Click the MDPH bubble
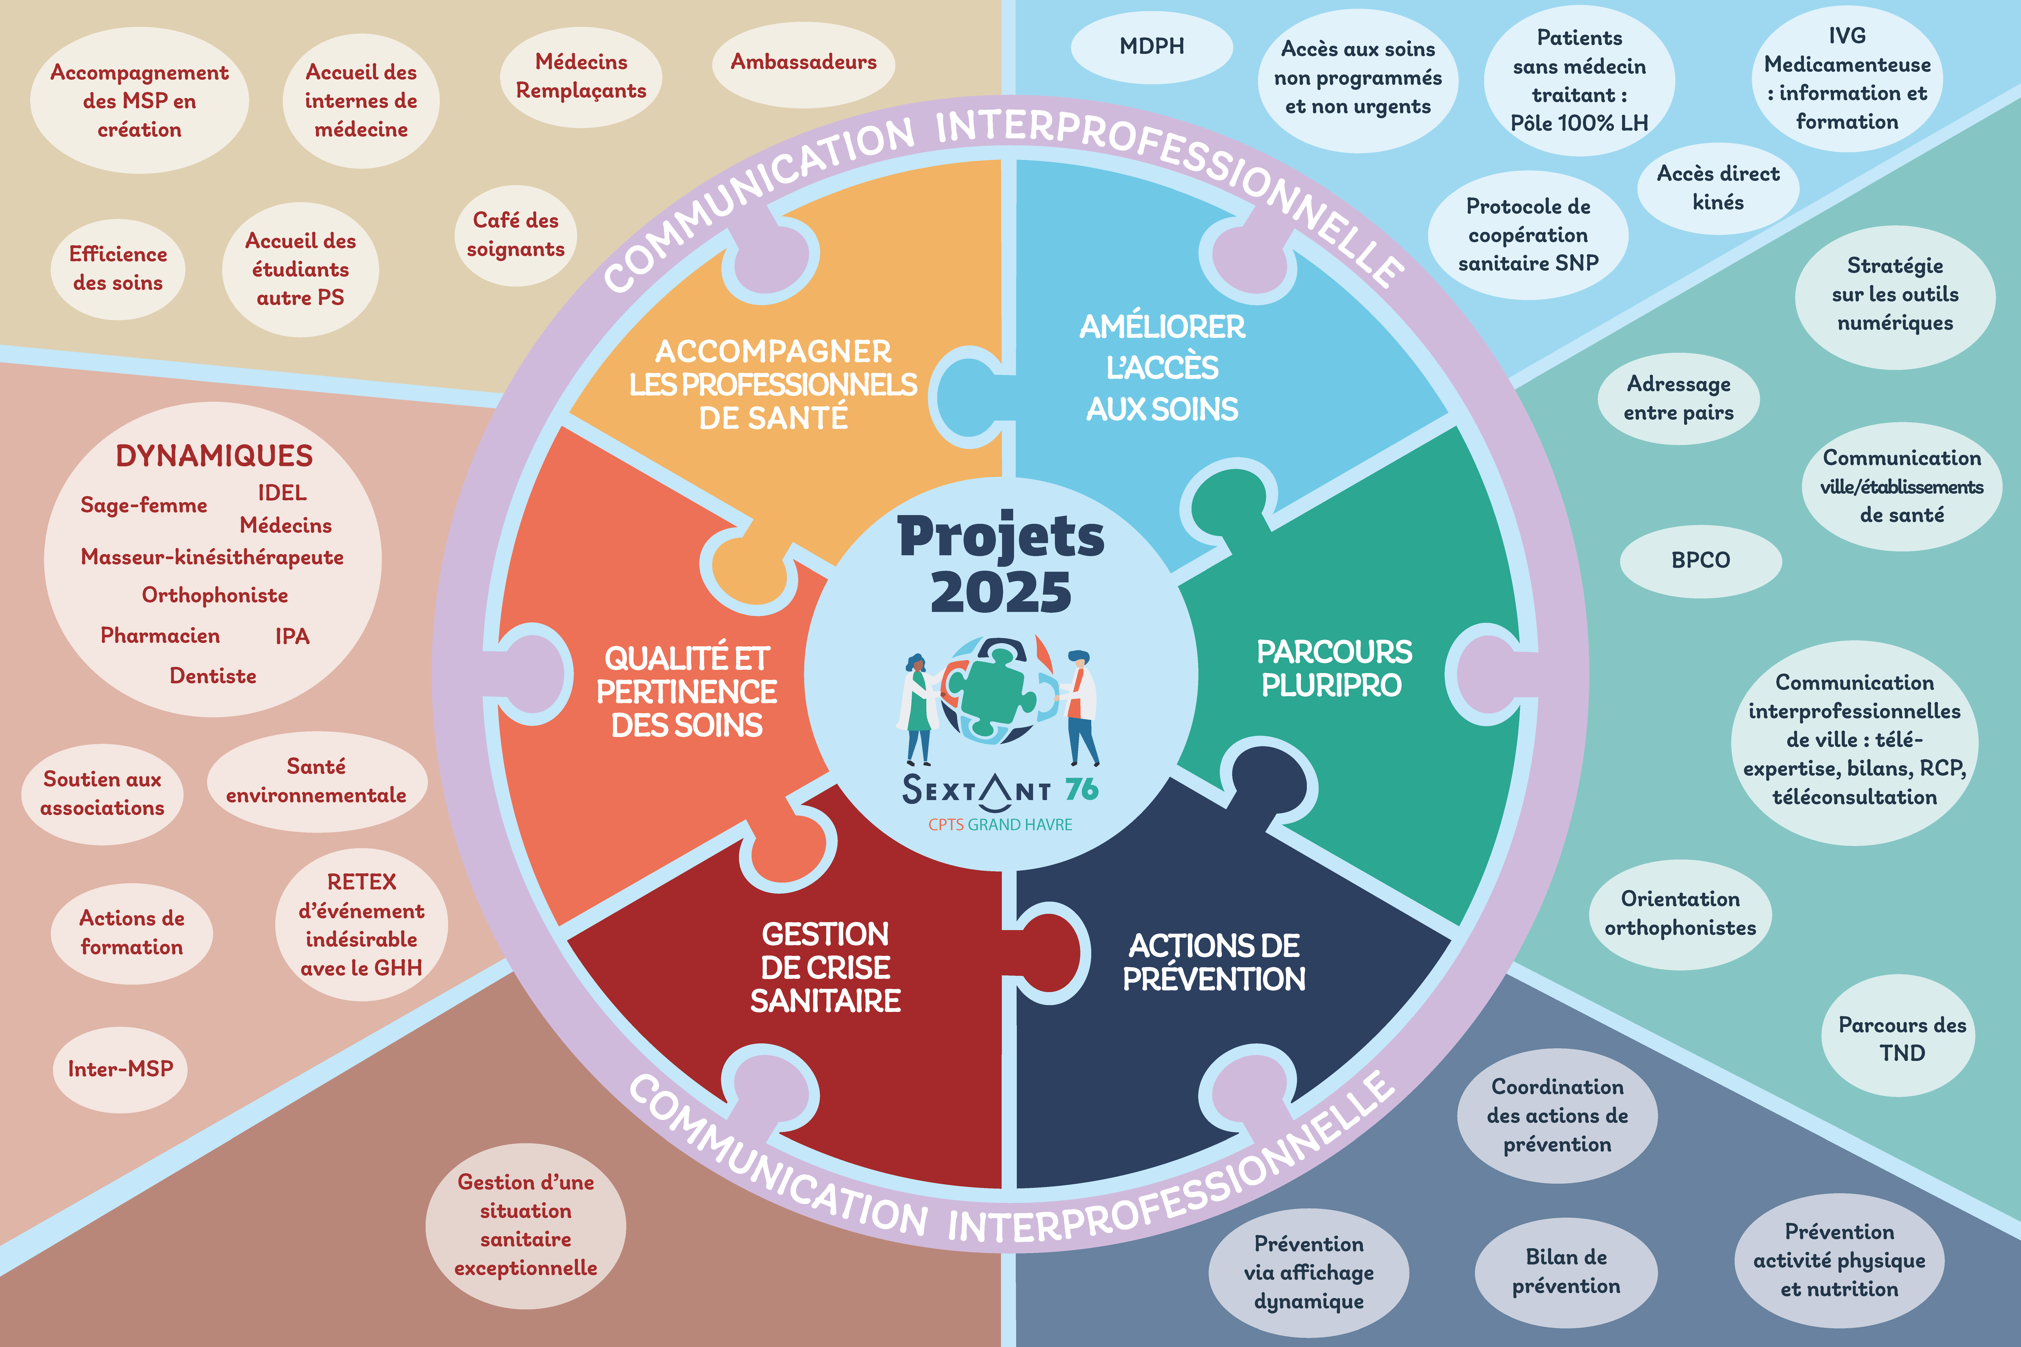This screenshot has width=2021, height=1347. pyautogui.click(x=1151, y=46)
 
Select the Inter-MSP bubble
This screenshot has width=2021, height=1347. pyautogui.click(x=120, y=1069)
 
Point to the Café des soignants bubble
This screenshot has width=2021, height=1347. pyautogui.click(x=515, y=235)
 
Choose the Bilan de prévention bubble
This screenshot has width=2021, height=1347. pyautogui.click(x=1566, y=1272)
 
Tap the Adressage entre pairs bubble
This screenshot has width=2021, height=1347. pyautogui.click(x=1678, y=399)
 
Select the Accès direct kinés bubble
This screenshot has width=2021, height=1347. pyautogui.click(x=1718, y=188)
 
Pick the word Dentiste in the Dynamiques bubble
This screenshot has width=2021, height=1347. pyautogui.click(x=213, y=676)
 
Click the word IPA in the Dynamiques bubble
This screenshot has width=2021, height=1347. pyautogui.click(x=292, y=637)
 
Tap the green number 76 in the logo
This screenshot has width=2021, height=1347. pyautogui.click(x=1082, y=789)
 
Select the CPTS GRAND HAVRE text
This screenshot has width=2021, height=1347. pyautogui.click(x=1000, y=825)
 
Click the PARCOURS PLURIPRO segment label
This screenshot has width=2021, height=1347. pyautogui.click(x=1334, y=668)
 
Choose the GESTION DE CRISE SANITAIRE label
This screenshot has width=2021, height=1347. pyautogui.click(x=826, y=967)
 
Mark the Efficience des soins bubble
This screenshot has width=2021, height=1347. pyautogui.click(x=118, y=269)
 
